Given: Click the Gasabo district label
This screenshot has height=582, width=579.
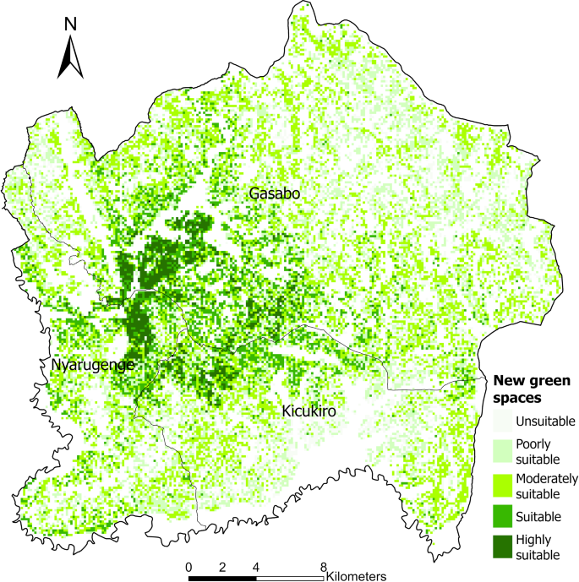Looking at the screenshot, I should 276,194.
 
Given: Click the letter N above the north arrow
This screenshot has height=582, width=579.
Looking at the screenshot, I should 71,26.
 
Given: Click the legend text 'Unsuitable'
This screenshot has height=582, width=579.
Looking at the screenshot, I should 547,421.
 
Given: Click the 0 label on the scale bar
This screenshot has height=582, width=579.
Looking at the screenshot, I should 188,566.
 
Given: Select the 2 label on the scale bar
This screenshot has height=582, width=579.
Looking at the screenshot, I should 222,566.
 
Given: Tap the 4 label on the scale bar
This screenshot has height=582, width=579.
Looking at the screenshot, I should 256,566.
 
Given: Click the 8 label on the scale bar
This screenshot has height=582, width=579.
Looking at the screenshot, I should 324,566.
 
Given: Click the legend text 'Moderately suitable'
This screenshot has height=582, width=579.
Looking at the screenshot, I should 549,484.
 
